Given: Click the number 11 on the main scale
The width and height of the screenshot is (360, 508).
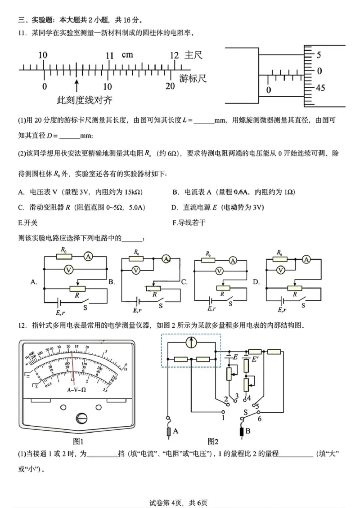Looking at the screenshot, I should [x=109, y=56].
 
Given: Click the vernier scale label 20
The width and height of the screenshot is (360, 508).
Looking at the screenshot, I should [x=170, y=87].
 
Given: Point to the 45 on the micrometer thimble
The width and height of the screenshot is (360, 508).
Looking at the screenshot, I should [x=320, y=88].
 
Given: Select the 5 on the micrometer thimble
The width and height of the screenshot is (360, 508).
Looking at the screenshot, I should [x=319, y=55].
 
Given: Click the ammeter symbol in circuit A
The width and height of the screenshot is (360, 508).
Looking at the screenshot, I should [x=88, y=256].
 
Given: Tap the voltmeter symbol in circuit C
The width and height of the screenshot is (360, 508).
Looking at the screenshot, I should [x=219, y=271].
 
